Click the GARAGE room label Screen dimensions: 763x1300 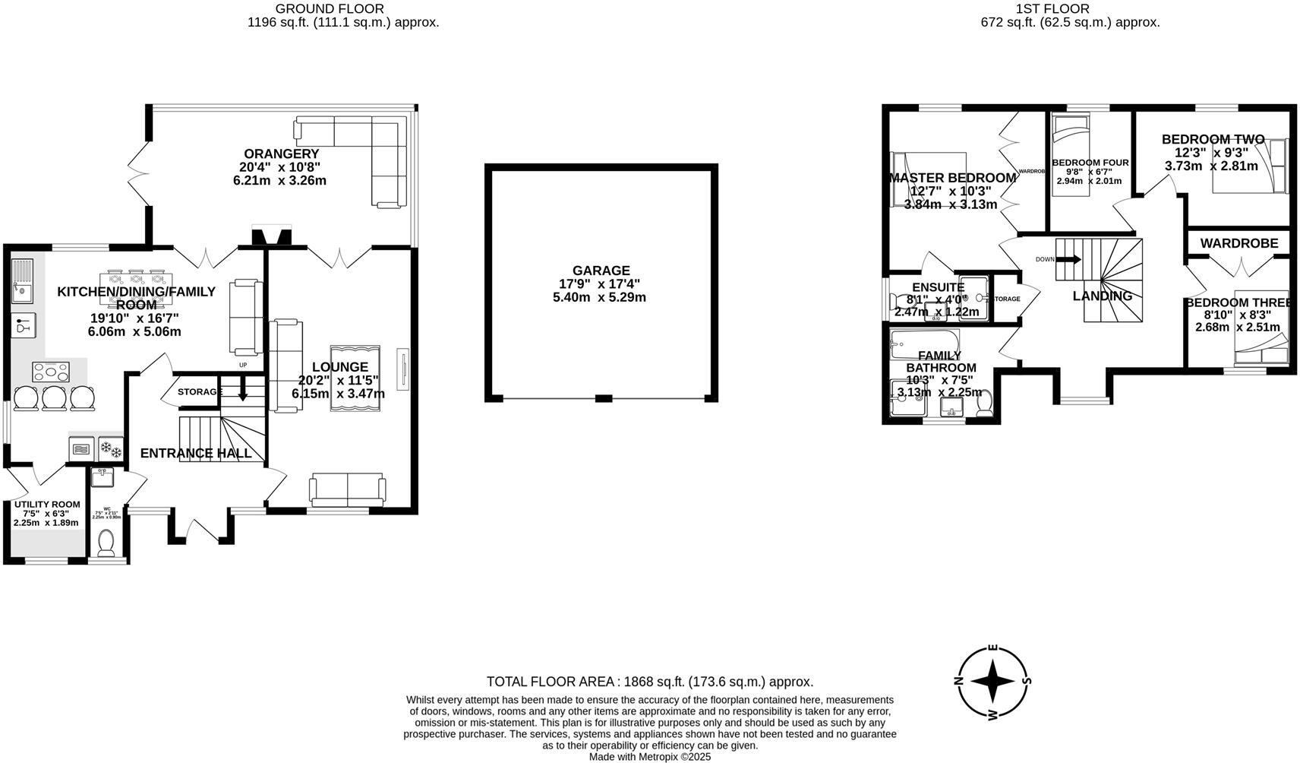[x=601, y=271]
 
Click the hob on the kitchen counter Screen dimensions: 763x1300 [x=51, y=372]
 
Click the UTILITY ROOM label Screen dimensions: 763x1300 [x=46, y=505]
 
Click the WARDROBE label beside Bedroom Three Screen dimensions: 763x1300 [x=1238, y=243]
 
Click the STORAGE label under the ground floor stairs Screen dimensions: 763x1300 [x=199, y=392]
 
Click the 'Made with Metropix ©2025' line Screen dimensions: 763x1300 [x=649, y=757]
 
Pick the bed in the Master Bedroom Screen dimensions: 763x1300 [x=928, y=179]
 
